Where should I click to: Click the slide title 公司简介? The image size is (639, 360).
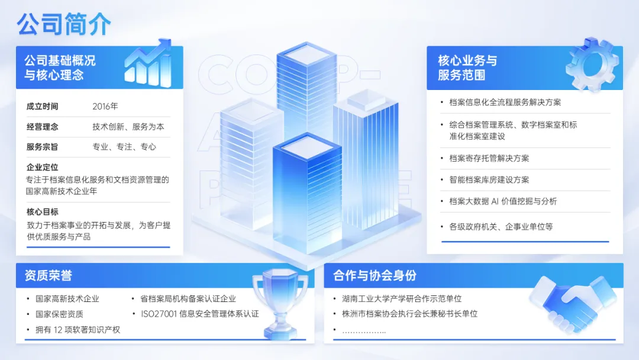[64, 24]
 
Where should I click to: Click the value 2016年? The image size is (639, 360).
[105, 107]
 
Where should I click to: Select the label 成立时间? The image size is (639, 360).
[43, 107]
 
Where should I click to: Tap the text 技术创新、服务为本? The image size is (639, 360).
[128, 127]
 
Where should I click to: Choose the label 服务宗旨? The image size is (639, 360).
[43, 147]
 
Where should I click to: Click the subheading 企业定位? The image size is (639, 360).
[43, 168]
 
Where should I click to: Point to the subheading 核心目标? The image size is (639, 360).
[43, 212]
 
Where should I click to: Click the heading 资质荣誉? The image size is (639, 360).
[49, 275]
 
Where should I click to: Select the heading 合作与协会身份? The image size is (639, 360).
[375, 275]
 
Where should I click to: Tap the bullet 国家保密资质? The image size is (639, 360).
[59, 314]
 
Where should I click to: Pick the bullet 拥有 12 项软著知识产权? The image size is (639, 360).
[78, 330]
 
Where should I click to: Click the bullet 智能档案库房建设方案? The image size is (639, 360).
[489, 180]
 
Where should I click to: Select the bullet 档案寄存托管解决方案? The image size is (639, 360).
[489, 159]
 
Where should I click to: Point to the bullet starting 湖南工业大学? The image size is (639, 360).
[402, 299]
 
